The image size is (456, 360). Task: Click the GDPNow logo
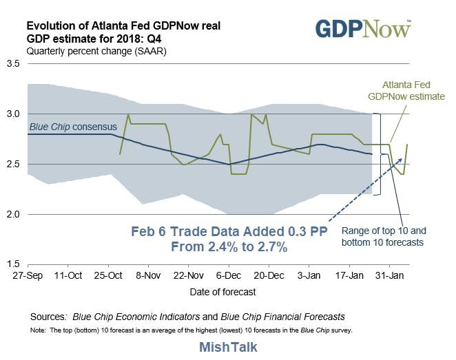(363, 29)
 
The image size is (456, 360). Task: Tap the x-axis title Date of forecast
(222, 292)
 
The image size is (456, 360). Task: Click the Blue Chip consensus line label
(73, 127)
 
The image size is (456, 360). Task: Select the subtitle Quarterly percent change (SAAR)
(88, 51)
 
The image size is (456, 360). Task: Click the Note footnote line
(191, 331)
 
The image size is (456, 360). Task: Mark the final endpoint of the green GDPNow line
(408, 144)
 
